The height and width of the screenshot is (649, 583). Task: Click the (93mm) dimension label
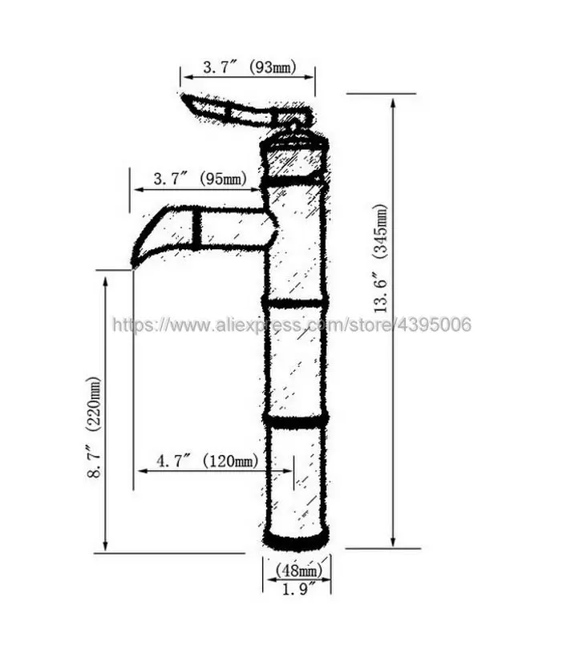pyautogui.click(x=273, y=68)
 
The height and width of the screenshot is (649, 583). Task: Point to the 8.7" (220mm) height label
pyautogui.click(x=95, y=428)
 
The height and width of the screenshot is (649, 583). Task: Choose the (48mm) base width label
pyautogui.click(x=298, y=570)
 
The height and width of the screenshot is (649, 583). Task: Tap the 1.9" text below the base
pyautogui.click(x=298, y=589)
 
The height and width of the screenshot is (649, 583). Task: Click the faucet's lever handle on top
pyautogui.click(x=233, y=111)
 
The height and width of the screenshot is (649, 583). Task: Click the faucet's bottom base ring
pyautogui.click(x=295, y=541)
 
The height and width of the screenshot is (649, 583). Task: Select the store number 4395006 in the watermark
pyautogui.click(x=436, y=324)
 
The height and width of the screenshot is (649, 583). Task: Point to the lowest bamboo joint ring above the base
pyautogui.click(x=295, y=420)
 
